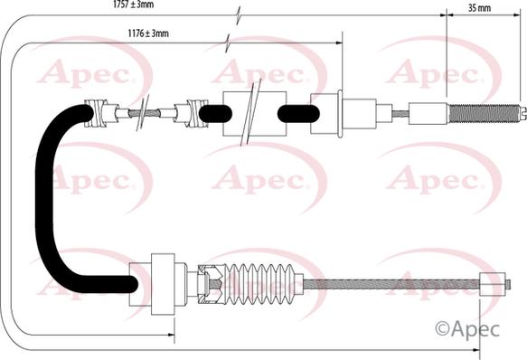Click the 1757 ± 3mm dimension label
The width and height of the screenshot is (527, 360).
coord(134,4)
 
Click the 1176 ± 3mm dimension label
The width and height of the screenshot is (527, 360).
coord(148,33)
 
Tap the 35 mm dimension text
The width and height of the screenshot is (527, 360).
coord(479,8)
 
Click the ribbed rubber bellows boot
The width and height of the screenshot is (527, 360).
coord(259,284)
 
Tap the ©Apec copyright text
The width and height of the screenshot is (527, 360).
coord(467,328)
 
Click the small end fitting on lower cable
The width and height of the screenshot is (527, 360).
coord(493,284)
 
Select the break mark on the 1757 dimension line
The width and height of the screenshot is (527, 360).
coord(239,15)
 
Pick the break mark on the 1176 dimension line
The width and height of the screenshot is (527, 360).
coord(228,43)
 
